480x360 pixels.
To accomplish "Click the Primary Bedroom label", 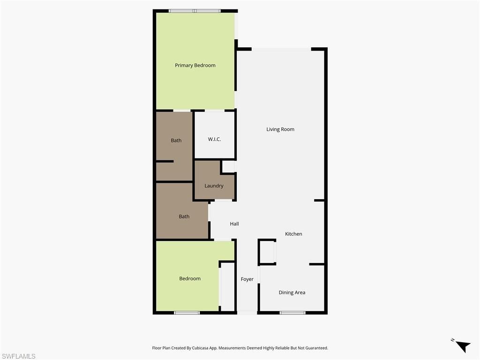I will [x=195, y=66].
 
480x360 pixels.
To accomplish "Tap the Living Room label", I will [x=280, y=129].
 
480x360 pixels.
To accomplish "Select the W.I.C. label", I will [x=214, y=140].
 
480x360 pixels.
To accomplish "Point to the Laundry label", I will [x=214, y=186].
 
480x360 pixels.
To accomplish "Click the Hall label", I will [x=234, y=224].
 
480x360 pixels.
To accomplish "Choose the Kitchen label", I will [x=294, y=234].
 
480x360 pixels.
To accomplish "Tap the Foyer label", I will [x=247, y=279].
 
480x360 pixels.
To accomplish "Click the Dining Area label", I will [x=292, y=292].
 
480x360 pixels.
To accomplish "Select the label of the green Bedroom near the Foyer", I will [x=190, y=279].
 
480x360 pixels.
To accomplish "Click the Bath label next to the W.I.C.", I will [x=176, y=141].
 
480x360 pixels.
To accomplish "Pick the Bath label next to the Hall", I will [x=184, y=217].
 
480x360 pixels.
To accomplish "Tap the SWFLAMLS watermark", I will [x=18, y=356].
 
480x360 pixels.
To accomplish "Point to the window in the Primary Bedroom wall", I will [x=195, y=11].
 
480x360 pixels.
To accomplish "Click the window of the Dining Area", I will [x=292, y=313].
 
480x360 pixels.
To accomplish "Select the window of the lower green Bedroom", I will [x=187, y=313].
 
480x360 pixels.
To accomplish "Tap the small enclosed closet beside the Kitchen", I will [x=267, y=252].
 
